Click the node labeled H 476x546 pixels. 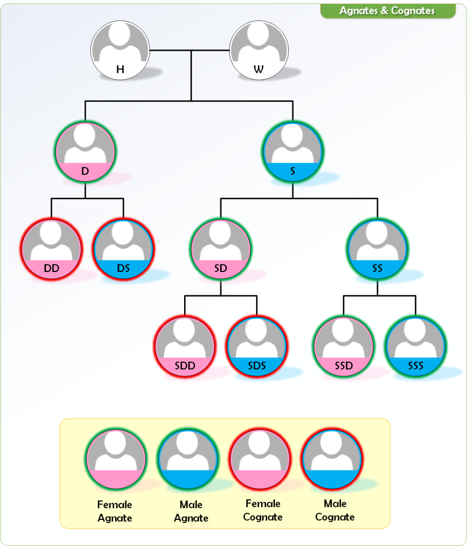point(120,51)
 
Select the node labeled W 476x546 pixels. point(259,51)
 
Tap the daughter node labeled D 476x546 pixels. point(85,152)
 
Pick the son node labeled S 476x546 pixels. point(292,152)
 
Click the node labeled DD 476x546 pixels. point(52,248)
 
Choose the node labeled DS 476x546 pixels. point(124,248)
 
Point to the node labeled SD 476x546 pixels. point(221,248)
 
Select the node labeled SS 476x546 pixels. point(378,248)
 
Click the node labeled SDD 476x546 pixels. point(185,347)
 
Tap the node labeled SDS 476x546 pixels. point(257,347)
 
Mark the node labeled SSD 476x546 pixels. point(343,347)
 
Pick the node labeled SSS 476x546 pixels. point(416,347)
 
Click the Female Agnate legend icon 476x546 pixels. point(116,460)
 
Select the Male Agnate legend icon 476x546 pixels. point(188,460)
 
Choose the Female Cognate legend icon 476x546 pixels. point(260,460)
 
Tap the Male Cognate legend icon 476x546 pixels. point(332,460)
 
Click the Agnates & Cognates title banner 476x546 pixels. point(387,11)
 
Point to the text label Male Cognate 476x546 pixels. point(335,510)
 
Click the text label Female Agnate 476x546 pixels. point(115,511)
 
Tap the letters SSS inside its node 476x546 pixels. point(416,366)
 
